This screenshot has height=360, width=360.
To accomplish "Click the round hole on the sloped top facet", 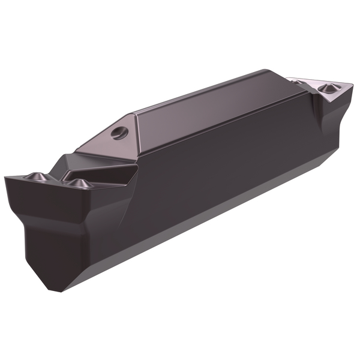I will pos(120,132).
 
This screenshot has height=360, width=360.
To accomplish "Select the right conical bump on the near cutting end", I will pos(77,182).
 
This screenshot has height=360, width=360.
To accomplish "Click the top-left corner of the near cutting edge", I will pos(5,178).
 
